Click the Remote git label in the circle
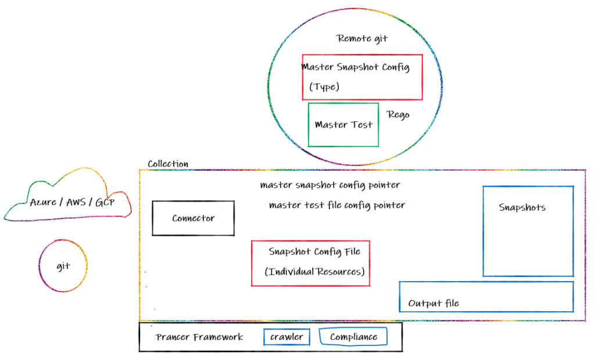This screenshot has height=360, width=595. pyautogui.click(x=362, y=39)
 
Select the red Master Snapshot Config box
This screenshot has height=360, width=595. pyautogui.click(x=362, y=77)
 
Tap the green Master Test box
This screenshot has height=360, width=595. pyautogui.click(x=343, y=125)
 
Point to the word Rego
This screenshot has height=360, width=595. pyautogui.click(x=398, y=114)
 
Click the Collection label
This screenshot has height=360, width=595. pyautogui.click(x=167, y=164)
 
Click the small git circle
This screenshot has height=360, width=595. pyautogui.click(x=63, y=267)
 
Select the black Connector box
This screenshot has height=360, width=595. pyautogui.click(x=193, y=218)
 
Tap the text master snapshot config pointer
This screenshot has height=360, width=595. pyautogui.click(x=330, y=186)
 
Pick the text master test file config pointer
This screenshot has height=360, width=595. pyautogui.click(x=337, y=205)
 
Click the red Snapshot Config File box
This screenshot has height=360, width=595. pyautogui.click(x=310, y=263)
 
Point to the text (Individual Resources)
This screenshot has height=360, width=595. pyautogui.click(x=314, y=272)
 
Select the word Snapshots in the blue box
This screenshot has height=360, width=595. pyautogui.click(x=522, y=207)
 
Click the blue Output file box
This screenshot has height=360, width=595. pyautogui.click(x=486, y=297)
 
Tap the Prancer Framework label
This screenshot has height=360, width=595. pyautogui.click(x=199, y=337)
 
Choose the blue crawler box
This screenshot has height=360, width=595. pyautogui.click(x=286, y=337)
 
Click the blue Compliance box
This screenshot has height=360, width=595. pyautogui.click(x=353, y=337)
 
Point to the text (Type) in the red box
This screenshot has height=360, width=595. pyautogui.click(x=324, y=87)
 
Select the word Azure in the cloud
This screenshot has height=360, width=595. pyautogui.click(x=44, y=203)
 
